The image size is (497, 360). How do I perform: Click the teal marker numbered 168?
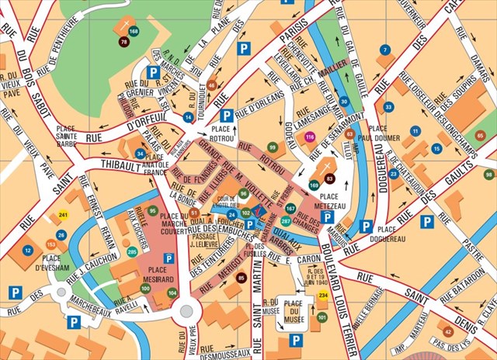(134, 31)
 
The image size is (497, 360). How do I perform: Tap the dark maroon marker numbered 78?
(123, 41)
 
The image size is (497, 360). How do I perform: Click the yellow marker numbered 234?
(324, 296)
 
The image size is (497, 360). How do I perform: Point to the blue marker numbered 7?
(385, 50)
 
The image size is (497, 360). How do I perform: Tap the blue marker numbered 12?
(28, 251)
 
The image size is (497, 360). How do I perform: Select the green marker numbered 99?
(272, 146)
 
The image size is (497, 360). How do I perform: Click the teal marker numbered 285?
(132, 251)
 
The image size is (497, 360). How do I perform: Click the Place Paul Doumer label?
(389, 134)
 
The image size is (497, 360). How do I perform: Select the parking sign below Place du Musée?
(295, 339)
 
